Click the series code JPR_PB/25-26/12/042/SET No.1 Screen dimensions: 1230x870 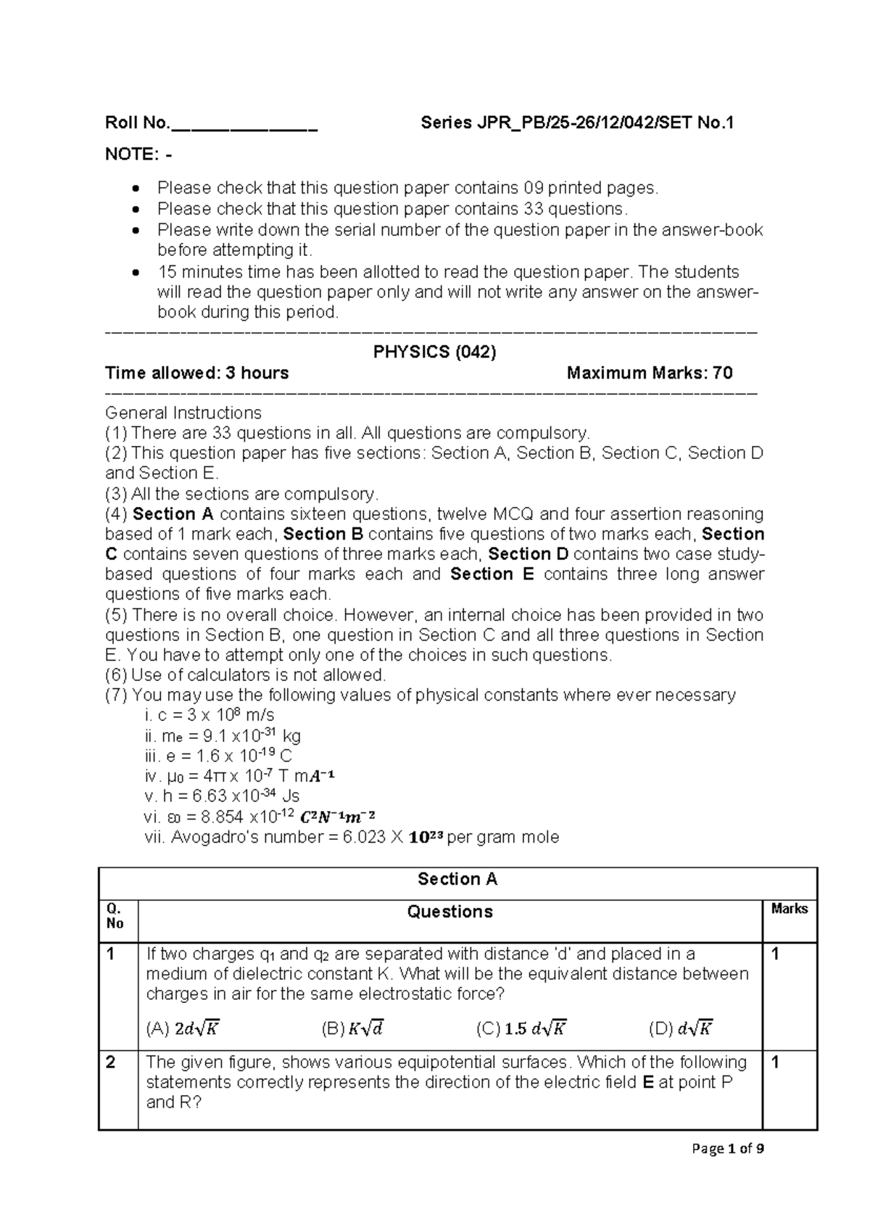[577, 123]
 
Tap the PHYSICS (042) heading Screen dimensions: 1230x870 [434, 352]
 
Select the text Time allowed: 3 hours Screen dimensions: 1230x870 [197, 373]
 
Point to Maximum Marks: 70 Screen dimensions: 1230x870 [650, 373]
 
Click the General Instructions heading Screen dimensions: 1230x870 [183, 413]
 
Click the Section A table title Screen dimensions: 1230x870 [457, 880]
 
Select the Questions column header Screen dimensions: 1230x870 [449, 912]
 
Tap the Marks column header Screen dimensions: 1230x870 [789, 909]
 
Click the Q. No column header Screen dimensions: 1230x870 [115, 916]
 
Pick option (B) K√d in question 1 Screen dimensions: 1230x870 [353, 1028]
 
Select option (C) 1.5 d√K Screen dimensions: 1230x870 [521, 1028]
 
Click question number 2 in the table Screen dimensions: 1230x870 [111, 1063]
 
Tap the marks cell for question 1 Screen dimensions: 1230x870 [776, 954]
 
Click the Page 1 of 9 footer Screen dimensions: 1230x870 [728, 1149]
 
